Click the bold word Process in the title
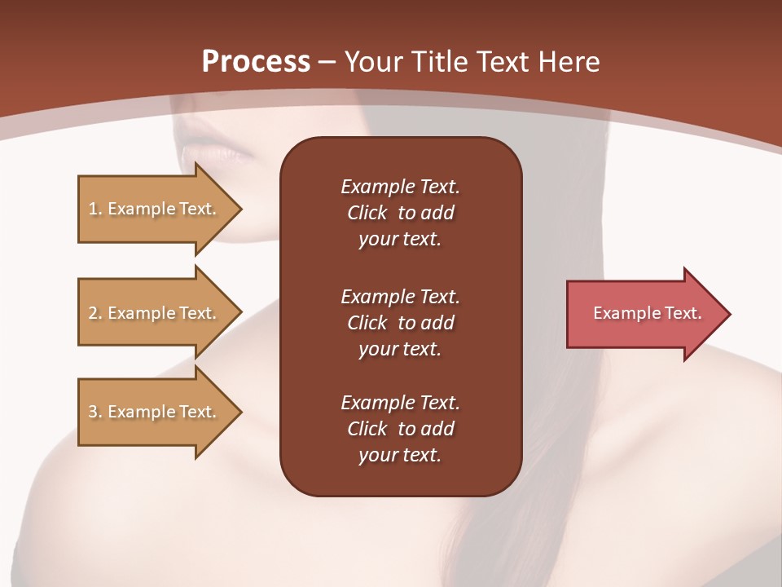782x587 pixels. click(256, 62)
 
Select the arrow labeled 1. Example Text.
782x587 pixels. click(155, 209)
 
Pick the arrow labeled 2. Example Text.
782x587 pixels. click(155, 313)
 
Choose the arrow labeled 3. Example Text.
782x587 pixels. click(155, 412)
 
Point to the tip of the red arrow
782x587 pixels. click(728, 314)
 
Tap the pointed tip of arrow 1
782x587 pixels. click(239, 210)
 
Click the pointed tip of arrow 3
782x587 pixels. click(239, 412)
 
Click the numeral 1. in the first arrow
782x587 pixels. click(94, 209)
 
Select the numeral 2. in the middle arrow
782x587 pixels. click(94, 313)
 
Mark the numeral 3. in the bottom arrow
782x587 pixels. click(94, 412)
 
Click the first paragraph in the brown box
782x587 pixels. click(400, 213)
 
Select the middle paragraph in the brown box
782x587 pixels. click(400, 323)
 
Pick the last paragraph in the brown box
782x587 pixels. click(400, 429)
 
